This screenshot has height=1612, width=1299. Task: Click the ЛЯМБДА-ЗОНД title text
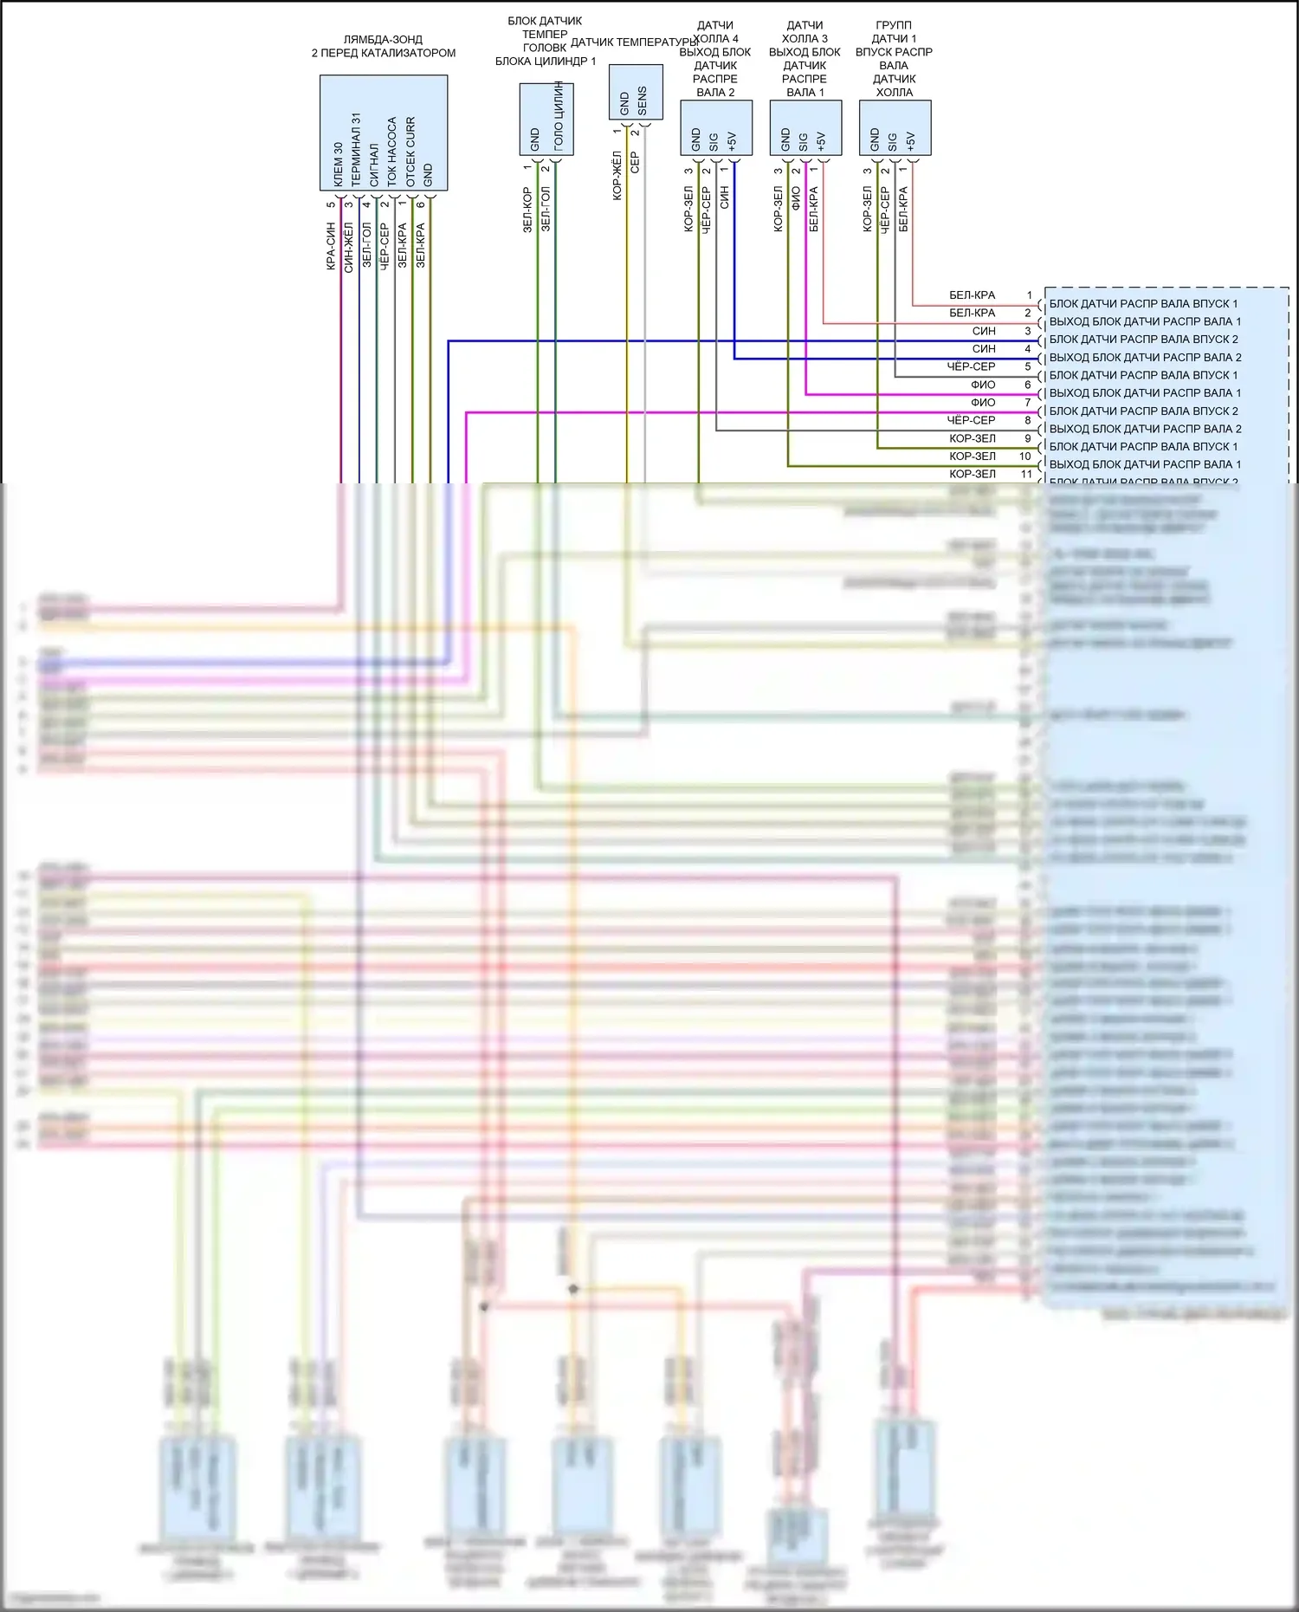[383, 40]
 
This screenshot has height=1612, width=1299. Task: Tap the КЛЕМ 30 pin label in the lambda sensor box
[338, 165]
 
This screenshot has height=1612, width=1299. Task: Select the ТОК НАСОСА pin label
[392, 151]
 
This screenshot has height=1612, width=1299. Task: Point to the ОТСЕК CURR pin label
[410, 152]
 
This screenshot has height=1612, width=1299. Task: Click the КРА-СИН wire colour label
[331, 246]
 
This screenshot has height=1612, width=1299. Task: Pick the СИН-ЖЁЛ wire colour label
[348, 246]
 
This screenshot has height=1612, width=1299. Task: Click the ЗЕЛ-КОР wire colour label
[527, 210]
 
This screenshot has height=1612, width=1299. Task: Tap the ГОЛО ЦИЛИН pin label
[559, 116]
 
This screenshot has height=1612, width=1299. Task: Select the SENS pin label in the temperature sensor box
[642, 100]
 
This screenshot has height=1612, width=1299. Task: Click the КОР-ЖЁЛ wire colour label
[617, 176]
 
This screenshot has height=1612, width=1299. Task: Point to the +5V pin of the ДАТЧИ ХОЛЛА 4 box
[732, 141]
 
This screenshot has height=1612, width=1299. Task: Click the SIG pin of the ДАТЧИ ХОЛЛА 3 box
[803, 141]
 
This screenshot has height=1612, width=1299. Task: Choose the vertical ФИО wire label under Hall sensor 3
[796, 198]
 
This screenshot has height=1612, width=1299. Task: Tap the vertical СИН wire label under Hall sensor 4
[724, 197]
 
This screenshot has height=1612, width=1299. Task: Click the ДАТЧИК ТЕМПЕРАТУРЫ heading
[634, 42]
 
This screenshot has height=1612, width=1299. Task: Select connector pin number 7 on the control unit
[1028, 403]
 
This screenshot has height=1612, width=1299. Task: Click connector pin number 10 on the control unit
[1025, 456]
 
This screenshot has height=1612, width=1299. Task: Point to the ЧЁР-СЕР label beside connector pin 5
[971, 366]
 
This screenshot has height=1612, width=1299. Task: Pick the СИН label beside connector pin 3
[984, 331]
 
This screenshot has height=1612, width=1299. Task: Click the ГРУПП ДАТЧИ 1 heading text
[894, 32]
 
